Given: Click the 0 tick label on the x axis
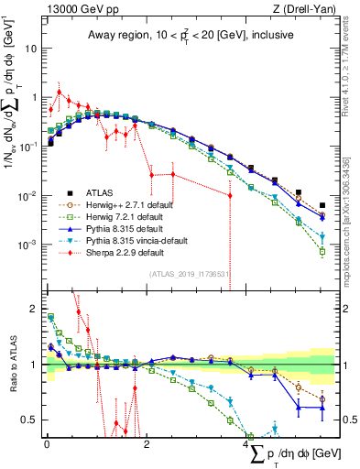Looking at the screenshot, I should point(47,444).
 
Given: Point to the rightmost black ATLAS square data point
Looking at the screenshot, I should point(322,206).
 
